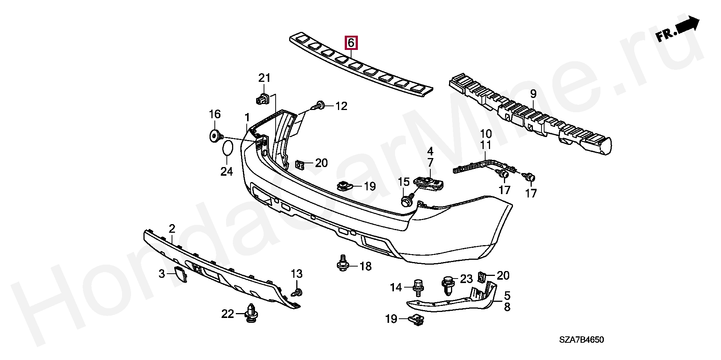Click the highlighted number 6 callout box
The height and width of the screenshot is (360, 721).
point(351,43)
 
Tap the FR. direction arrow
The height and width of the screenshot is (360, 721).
point(678,29)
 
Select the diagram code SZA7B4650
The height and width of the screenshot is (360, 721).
point(581,340)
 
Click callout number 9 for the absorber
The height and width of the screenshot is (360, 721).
point(533,94)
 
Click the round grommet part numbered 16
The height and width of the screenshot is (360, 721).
point(215,136)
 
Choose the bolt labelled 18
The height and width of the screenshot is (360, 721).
point(342,264)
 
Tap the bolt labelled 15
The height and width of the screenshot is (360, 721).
point(406,200)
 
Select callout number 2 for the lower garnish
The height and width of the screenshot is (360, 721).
point(172,228)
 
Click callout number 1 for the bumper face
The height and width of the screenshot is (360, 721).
point(247,117)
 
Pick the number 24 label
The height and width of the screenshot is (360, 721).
point(226,172)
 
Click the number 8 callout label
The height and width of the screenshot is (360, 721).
point(507,307)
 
